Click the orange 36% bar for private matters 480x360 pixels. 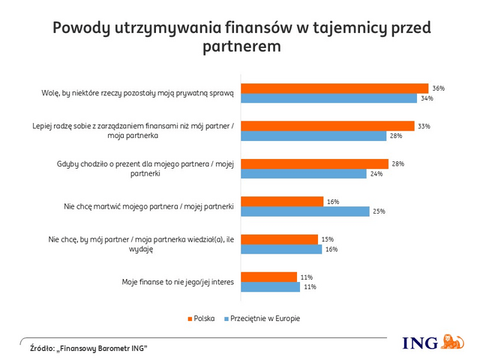click(334, 88)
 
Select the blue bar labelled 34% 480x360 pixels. click(328, 98)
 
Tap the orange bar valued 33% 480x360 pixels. click(327, 126)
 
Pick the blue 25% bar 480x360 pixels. click(305, 211)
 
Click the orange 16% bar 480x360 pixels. click(282, 201)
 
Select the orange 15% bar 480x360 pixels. click(279, 239)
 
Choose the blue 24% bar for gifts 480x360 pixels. click(302, 174)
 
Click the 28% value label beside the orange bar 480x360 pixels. click(398, 163)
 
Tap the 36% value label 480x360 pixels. click(438, 88)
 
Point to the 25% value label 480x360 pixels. click(380, 211)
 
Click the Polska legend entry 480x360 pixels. click(196, 319)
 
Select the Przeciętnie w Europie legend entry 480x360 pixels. click(263, 319)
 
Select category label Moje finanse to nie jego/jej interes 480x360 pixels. click(178, 282)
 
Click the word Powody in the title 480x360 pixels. click(83, 28)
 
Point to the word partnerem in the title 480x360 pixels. click(241, 46)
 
